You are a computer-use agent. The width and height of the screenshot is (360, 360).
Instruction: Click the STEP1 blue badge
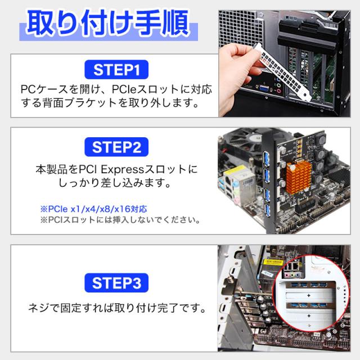tap(116, 70)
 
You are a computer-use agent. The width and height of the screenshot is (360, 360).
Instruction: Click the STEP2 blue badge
tap(116, 147)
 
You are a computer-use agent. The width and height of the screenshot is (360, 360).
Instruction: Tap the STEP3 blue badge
tap(116, 283)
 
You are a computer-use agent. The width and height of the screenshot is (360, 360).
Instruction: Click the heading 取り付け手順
tap(108, 23)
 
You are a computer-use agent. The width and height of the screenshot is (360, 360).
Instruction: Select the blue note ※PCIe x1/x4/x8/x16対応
tap(93, 209)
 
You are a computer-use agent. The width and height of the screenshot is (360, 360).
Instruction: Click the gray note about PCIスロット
tap(120, 220)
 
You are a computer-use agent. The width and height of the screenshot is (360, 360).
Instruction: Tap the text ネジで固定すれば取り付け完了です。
tap(117, 308)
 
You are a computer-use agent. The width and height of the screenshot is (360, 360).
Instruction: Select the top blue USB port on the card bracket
tap(267, 158)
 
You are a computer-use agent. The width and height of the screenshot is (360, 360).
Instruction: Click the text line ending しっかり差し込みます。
tap(115, 183)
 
